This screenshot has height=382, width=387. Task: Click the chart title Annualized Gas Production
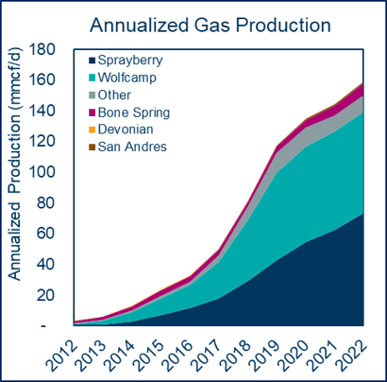pos(210,26)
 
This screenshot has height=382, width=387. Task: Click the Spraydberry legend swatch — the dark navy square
pos(92,61)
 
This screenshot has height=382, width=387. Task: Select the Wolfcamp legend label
pos(126,78)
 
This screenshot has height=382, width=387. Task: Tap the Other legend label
pos(114,95)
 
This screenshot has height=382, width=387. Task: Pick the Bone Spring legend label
pos(134,113)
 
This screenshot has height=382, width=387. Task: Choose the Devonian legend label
pos(126,130)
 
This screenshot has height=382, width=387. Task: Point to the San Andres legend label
pos(132,147)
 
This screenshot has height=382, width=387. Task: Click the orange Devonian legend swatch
pos(92,130)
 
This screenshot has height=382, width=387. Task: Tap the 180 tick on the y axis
pos(42,50)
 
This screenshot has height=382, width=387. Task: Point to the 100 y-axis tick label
pos(42,173)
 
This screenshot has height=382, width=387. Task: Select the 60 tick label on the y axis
pos(46,234)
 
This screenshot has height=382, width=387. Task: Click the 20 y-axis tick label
pos(46,295)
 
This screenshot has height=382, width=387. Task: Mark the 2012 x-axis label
pos(61,355)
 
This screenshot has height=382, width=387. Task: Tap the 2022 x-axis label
pos(351,355)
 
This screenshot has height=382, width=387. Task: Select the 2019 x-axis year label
pos(264,355)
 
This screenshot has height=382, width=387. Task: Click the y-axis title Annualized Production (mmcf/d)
pos(14,164)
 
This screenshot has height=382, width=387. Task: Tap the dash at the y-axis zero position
pos(43,326)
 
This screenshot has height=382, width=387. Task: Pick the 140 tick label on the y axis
pos(42,112)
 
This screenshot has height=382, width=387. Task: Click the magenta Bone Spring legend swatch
pos(92,113)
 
